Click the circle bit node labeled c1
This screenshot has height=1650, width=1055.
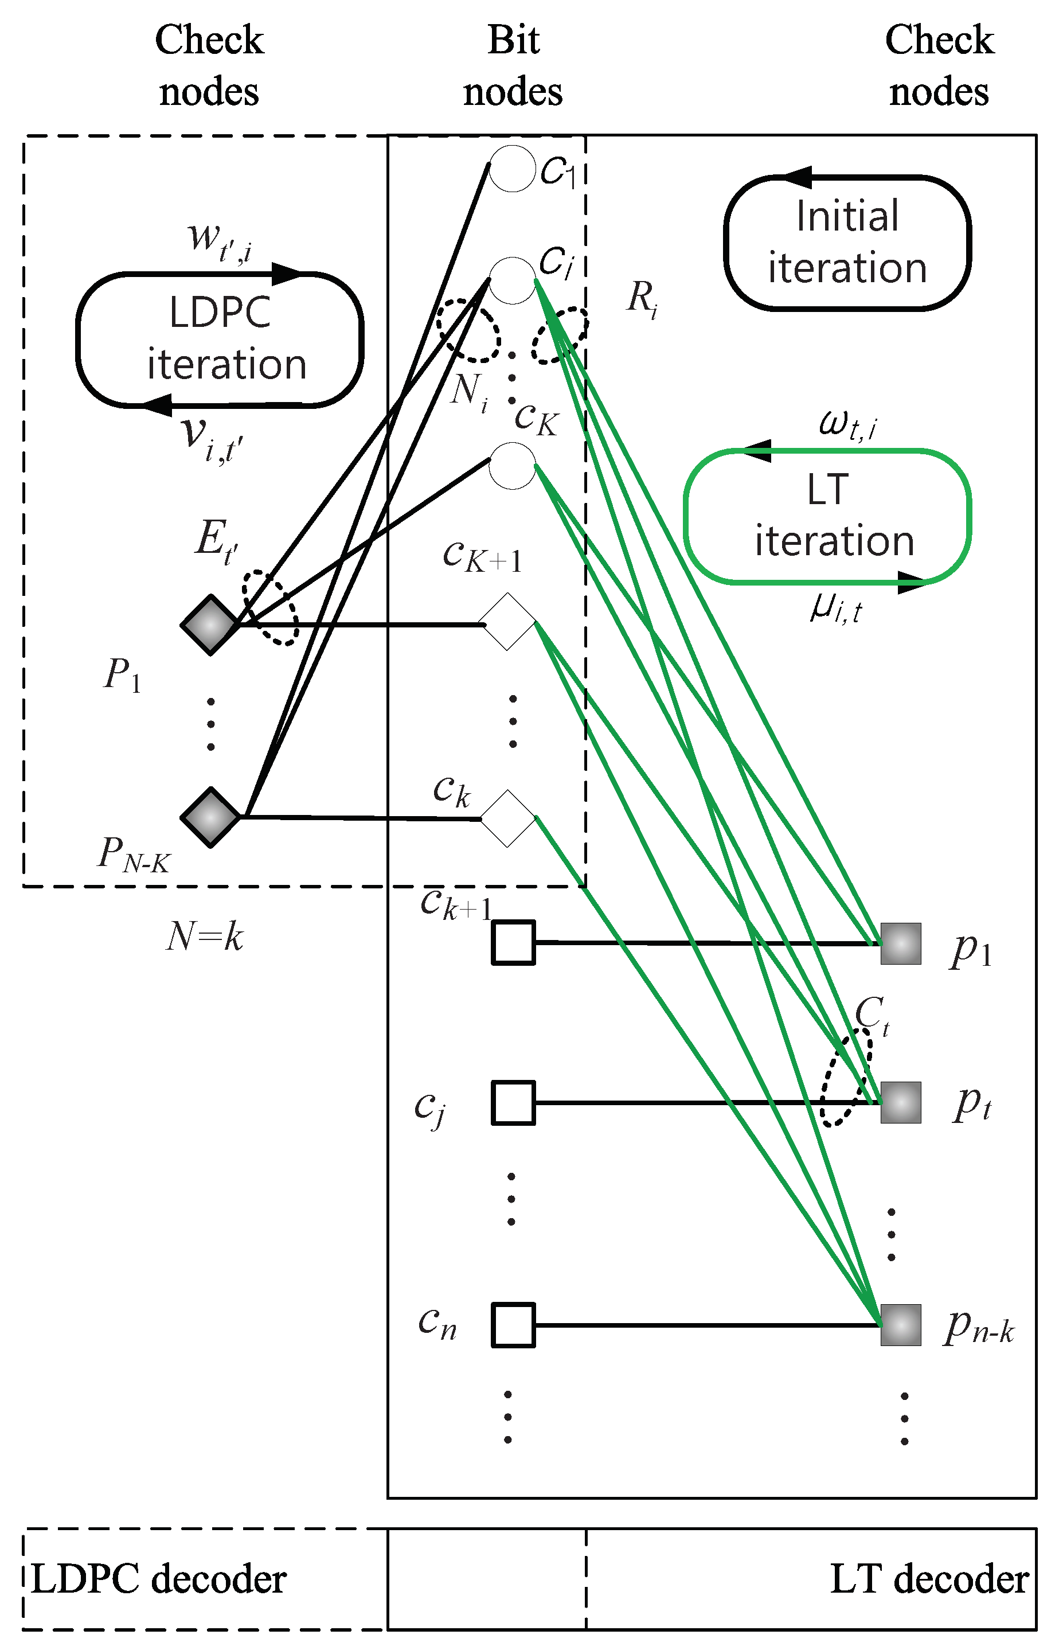point(513,169)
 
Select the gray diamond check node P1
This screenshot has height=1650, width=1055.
point(210,624)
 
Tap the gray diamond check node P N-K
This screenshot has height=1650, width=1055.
point(210,817)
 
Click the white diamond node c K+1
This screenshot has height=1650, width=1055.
point(507,622)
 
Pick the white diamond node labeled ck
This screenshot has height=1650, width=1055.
point(507,818)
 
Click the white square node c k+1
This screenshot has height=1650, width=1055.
point(513,943)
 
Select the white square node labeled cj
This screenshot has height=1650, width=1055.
point(513,1102)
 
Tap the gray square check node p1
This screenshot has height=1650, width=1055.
point(900,943)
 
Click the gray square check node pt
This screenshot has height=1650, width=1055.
point(900,1102)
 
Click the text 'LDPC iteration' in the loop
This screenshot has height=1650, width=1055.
point(222,338)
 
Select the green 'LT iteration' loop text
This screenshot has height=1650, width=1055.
point(833,515)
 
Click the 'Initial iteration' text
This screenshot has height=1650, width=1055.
point(847,241)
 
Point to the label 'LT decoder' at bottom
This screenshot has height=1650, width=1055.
point(928,1579)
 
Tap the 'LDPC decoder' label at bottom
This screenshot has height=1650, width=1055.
point(159,1579)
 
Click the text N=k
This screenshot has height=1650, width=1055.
point(205,936)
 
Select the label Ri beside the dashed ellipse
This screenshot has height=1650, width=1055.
point(642,299)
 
